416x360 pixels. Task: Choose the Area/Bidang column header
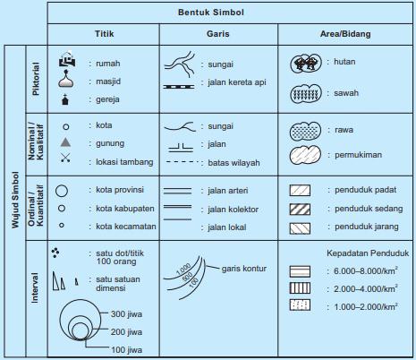tap(346, 35)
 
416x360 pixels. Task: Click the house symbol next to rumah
tap(64, 63)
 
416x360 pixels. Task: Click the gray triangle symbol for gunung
tap(64, 143)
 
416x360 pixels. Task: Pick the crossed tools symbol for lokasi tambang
tap(64, 161)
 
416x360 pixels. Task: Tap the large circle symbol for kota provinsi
tap(63, 190)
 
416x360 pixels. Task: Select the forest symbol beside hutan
tap(306, 64)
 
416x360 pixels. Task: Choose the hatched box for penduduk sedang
tap(301, 209)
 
